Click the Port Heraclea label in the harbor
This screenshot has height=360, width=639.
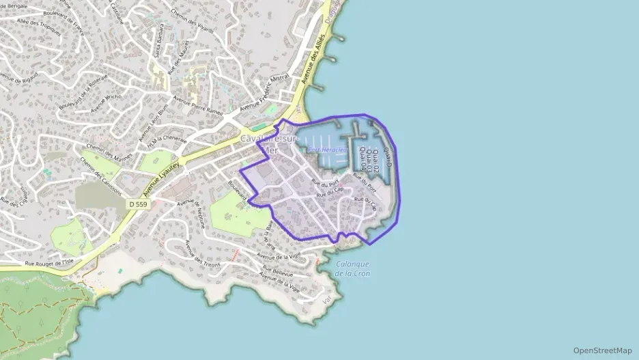(328, 150)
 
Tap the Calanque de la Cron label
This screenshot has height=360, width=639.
(353, 268)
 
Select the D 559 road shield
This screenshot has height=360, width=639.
(137, 204)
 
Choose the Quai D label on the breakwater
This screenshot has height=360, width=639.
(389, 158)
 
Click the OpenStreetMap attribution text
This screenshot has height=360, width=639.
(602, 350)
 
